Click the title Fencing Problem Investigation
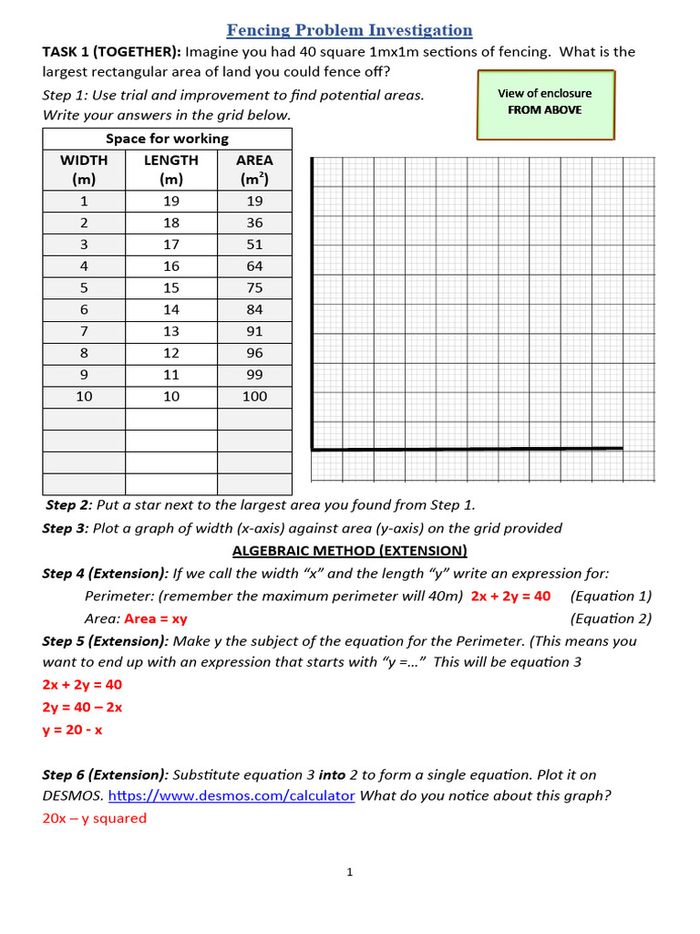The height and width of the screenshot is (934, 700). coord(349,30)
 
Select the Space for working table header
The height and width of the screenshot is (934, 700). coord(167,139)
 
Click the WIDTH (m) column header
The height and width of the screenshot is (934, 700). coord(84,169)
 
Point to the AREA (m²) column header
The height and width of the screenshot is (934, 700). coord(254,169)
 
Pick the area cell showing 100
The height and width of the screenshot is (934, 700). coord(254,396)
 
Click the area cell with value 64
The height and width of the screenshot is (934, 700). coord(254,266)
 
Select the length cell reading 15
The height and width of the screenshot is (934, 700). coord(170,287)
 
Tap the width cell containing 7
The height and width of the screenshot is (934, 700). coord(84,331)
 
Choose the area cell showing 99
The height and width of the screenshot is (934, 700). coord(254,374)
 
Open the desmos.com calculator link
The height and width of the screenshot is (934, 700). coord(232,795)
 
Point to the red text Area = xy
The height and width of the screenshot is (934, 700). coord(155,618)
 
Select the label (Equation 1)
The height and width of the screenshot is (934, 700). coord(611,596)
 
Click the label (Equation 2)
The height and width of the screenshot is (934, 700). coord(611,618)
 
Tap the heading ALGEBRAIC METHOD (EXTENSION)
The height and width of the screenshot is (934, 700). coord(349,550)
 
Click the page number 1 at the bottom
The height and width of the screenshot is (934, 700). coord(349,872)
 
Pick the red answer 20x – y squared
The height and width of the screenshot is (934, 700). coord(94,818)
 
